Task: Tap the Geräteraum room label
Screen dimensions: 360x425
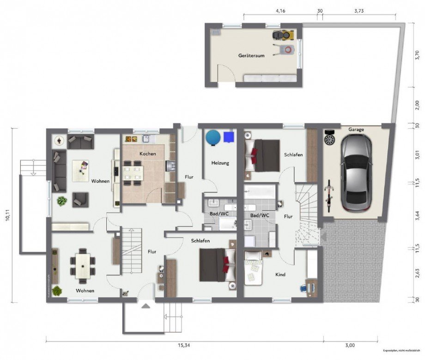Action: point(251,55)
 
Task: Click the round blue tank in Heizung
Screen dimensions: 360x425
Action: point(213,137)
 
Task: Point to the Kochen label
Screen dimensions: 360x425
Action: point(148,153)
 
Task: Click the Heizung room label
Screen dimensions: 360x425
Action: point(220,163)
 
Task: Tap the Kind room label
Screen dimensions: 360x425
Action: point(280,275)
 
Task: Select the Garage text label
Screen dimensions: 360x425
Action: point(356,130)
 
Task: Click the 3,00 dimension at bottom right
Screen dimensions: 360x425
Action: point(350,345)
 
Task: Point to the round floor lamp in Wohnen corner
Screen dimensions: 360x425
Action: point(59,140)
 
